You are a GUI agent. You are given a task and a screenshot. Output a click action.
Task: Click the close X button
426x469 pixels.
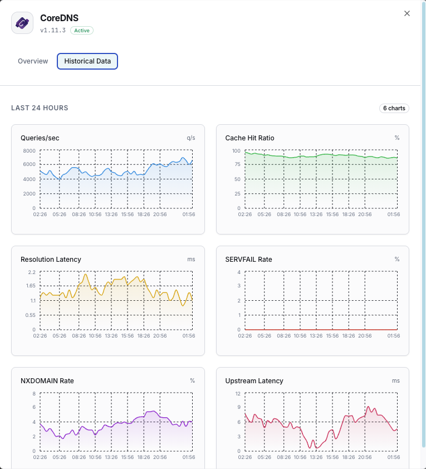coord(407,13)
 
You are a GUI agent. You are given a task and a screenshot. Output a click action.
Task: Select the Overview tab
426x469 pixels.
coord(33,61)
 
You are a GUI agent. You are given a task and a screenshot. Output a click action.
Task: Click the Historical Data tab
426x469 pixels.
coord(87,61)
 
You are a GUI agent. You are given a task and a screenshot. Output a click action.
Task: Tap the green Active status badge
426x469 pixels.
coord(82,31)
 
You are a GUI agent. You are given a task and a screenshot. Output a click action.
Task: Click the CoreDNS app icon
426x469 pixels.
coord(22,23)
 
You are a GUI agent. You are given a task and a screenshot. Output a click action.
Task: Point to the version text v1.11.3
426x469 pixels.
coord(53,31)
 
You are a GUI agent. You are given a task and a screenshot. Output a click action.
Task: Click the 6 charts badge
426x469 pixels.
coord(394,108)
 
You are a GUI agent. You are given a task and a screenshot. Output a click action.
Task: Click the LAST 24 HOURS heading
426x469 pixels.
coord(40,108)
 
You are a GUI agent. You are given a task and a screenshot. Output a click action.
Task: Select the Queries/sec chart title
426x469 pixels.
coord(40,138)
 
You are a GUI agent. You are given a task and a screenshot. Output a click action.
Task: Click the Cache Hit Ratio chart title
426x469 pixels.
coord(249,138)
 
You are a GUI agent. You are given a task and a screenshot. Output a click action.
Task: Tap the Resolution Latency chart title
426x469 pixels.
coord(51,260)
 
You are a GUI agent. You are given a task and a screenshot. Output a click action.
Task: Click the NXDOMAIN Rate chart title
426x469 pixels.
coord(47,381)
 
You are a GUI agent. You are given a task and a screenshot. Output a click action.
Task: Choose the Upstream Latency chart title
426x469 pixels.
coord(254,381)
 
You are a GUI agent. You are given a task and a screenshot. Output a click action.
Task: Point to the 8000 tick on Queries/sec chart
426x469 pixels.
coord(30,151)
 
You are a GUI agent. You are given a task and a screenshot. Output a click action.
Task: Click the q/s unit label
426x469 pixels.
coord(191,138)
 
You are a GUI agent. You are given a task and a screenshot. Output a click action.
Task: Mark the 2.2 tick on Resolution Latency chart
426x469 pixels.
coord(32,272)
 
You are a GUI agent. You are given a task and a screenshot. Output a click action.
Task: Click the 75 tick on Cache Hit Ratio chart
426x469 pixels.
coord(237,165)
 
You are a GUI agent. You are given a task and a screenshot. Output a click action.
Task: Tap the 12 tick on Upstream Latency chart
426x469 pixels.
coord(237,394)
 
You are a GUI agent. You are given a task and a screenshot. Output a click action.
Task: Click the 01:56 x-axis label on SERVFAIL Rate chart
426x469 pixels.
coord(394,336)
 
